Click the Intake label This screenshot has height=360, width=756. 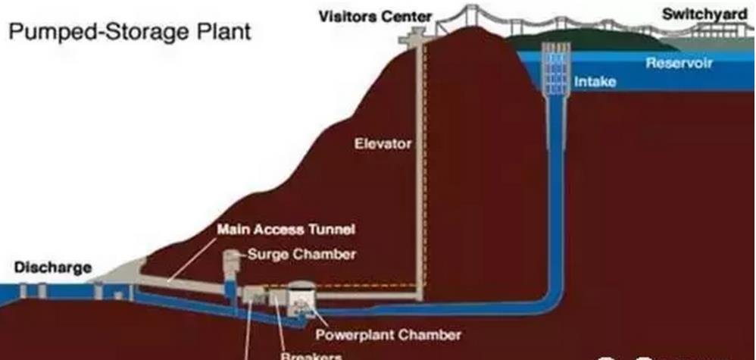tap(595, 81)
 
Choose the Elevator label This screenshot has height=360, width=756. tap(383, 142)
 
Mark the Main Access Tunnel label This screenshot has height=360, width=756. tap(286, 228)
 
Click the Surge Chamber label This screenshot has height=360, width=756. tap(301, 254)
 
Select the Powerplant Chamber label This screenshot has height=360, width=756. tap(389, 333)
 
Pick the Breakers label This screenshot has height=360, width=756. tap(312, 355)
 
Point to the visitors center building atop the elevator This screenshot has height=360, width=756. tap(415, 33)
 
